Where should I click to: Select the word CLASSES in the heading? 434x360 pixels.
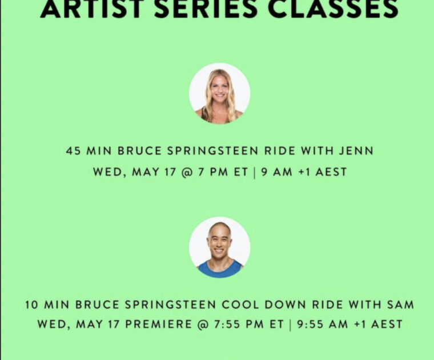(333, 9)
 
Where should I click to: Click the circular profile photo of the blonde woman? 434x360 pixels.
(219, 93)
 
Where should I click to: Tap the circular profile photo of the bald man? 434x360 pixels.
(219, 247)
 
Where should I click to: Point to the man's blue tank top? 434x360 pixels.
(220, 269)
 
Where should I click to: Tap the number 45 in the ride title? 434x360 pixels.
(73, 151)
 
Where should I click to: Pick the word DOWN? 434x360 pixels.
(285, 305)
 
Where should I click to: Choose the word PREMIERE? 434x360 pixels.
(158, 324)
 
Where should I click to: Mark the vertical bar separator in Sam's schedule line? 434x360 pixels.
(290, 325)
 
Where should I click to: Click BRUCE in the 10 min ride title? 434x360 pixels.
(97, 305)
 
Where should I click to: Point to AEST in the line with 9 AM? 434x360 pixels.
(331, 172)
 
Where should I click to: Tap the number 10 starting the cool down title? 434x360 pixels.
(31, 305)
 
